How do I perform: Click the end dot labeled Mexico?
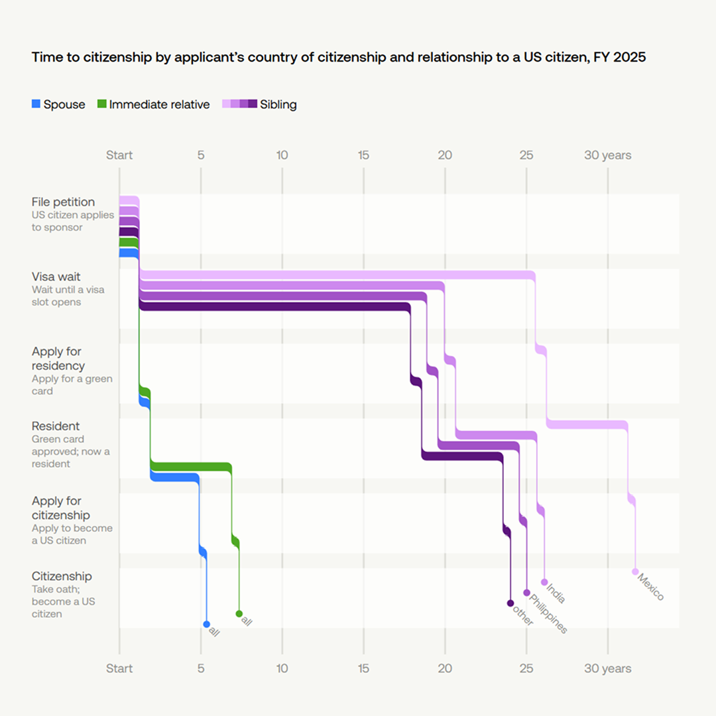click(x=635, y=571)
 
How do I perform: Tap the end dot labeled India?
click(x=544, y=582)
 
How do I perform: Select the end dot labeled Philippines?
click(x=527, y=593)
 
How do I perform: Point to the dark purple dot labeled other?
click(x=510, y=603)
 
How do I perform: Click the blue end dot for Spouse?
click(x=207, y=624)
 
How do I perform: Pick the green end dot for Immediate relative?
click(x=239, y=614)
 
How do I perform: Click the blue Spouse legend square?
click(x=36, y=103)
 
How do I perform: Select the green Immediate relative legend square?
click(x=101, y=103)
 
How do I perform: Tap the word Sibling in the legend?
click(x=278, y=104)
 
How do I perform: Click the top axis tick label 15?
click(x=363, y=155)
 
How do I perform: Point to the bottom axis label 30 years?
click(x=607, y=669)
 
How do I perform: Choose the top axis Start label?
click(x=119, y=155)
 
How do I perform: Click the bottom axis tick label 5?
click(x=201, y=669)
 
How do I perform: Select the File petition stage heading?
click(x=63, y=202)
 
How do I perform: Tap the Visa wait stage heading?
click(x=56, y=276)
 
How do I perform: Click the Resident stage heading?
click(x=56, y=426)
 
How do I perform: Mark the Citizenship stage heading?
click(x=62, y=576)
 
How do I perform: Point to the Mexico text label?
click(x=651, y=587)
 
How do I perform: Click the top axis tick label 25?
click(x=526, y=155)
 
